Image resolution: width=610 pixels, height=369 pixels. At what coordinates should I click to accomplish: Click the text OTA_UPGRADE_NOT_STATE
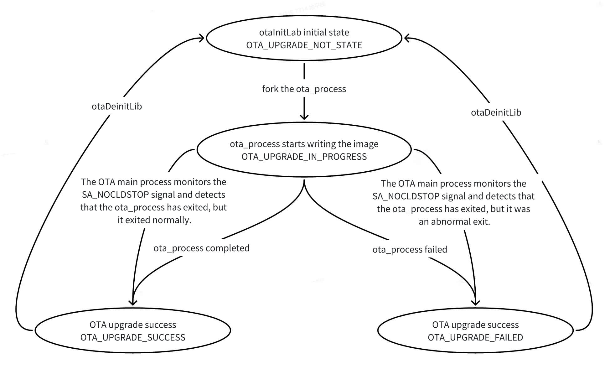pos(304,45)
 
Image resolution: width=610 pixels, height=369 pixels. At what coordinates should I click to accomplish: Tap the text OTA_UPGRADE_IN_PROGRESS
pos(304,157)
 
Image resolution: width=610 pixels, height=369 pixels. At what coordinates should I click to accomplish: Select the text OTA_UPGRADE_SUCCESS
pos(133,337)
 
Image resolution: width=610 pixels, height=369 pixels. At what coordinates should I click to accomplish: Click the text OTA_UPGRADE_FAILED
pos(475,337)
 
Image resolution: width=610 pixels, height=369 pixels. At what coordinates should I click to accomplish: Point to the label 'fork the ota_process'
pos(304,89)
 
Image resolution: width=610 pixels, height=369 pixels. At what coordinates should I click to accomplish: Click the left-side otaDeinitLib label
pos(116,107)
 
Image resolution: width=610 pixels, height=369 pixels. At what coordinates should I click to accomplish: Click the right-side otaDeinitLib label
pos(496,112)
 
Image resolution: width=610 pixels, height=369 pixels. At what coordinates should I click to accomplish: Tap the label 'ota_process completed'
pos(201,248)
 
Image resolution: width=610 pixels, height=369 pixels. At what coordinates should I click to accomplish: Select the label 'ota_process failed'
pos(410,250)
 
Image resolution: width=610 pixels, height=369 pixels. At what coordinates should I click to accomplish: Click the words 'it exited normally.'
pos(154,220)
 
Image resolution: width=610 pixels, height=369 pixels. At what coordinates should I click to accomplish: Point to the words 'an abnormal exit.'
pos(454,222)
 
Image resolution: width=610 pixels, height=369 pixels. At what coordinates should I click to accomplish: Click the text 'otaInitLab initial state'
pos(304,33)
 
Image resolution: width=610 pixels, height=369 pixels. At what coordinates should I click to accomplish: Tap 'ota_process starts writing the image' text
pos(304,144)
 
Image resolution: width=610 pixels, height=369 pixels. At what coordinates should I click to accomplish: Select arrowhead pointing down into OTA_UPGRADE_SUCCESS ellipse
pos(133,303)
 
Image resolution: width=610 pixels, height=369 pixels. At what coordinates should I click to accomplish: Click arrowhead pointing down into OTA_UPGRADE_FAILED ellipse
pos(475,303)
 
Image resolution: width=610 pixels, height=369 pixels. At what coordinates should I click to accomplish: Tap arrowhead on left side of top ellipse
pos(202,38)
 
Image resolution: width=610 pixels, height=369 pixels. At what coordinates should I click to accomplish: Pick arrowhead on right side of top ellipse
pos(406,38)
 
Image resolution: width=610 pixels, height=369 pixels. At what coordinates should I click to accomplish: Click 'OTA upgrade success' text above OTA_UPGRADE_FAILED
pos(475,325)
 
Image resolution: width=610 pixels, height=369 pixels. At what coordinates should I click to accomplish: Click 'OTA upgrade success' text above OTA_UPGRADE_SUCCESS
pos(133,325)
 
